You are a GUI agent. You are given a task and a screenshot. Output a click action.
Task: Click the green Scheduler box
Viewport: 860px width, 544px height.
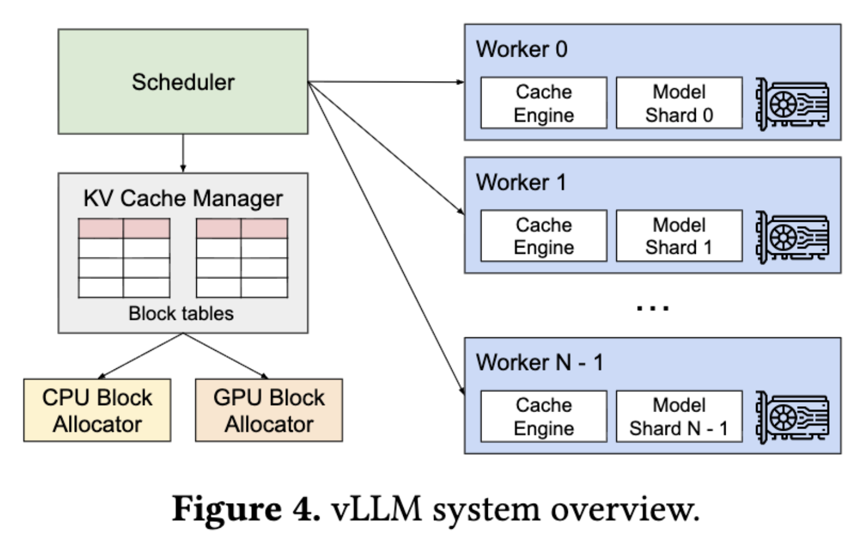(183, 82)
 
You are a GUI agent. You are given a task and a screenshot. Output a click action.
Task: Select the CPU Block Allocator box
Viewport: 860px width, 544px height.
(97, 410)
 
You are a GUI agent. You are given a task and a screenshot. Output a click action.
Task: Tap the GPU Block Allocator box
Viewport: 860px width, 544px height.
(269, 410)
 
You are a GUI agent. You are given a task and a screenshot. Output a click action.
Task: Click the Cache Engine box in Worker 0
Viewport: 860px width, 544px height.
(543, 103)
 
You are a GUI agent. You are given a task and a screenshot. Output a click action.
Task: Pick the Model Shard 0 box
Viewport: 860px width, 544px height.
(679, 103)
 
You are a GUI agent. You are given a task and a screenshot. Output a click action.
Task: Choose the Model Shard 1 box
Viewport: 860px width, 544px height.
(679, 236)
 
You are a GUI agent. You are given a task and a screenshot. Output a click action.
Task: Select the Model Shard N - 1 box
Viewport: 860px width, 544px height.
(679, 416)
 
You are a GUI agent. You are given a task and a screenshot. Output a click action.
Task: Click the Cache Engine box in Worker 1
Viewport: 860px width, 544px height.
(543, 236)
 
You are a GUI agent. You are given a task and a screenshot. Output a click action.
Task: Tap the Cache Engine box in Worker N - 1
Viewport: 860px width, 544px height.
(543, 416)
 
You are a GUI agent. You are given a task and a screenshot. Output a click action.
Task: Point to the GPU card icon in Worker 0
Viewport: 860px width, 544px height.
(792, 104)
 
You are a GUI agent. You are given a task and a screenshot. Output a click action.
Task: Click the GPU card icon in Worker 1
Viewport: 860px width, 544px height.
(792, 237)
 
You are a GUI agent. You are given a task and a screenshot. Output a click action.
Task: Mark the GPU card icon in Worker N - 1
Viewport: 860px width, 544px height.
(792, 417)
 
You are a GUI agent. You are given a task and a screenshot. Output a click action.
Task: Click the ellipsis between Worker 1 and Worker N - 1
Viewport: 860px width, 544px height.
(653, 308)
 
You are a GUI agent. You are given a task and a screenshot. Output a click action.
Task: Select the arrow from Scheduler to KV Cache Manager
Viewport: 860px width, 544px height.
(183, 153)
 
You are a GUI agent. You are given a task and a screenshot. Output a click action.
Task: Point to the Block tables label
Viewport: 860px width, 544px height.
(181, 313)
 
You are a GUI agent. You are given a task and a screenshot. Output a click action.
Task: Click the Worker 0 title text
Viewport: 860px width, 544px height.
(521, 49)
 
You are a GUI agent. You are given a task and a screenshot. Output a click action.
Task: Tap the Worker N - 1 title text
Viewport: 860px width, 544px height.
(539, 362)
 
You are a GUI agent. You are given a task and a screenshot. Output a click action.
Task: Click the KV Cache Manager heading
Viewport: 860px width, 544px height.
(183, 198)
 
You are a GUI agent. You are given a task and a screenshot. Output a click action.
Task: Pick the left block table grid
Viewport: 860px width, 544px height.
(124, 258)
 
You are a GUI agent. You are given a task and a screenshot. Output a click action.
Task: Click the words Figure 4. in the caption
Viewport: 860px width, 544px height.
(246, 508)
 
